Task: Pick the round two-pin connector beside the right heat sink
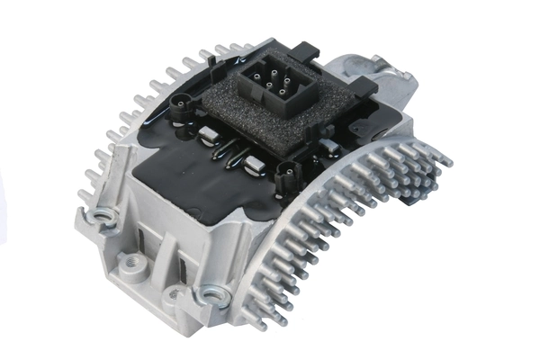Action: (289, 173)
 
